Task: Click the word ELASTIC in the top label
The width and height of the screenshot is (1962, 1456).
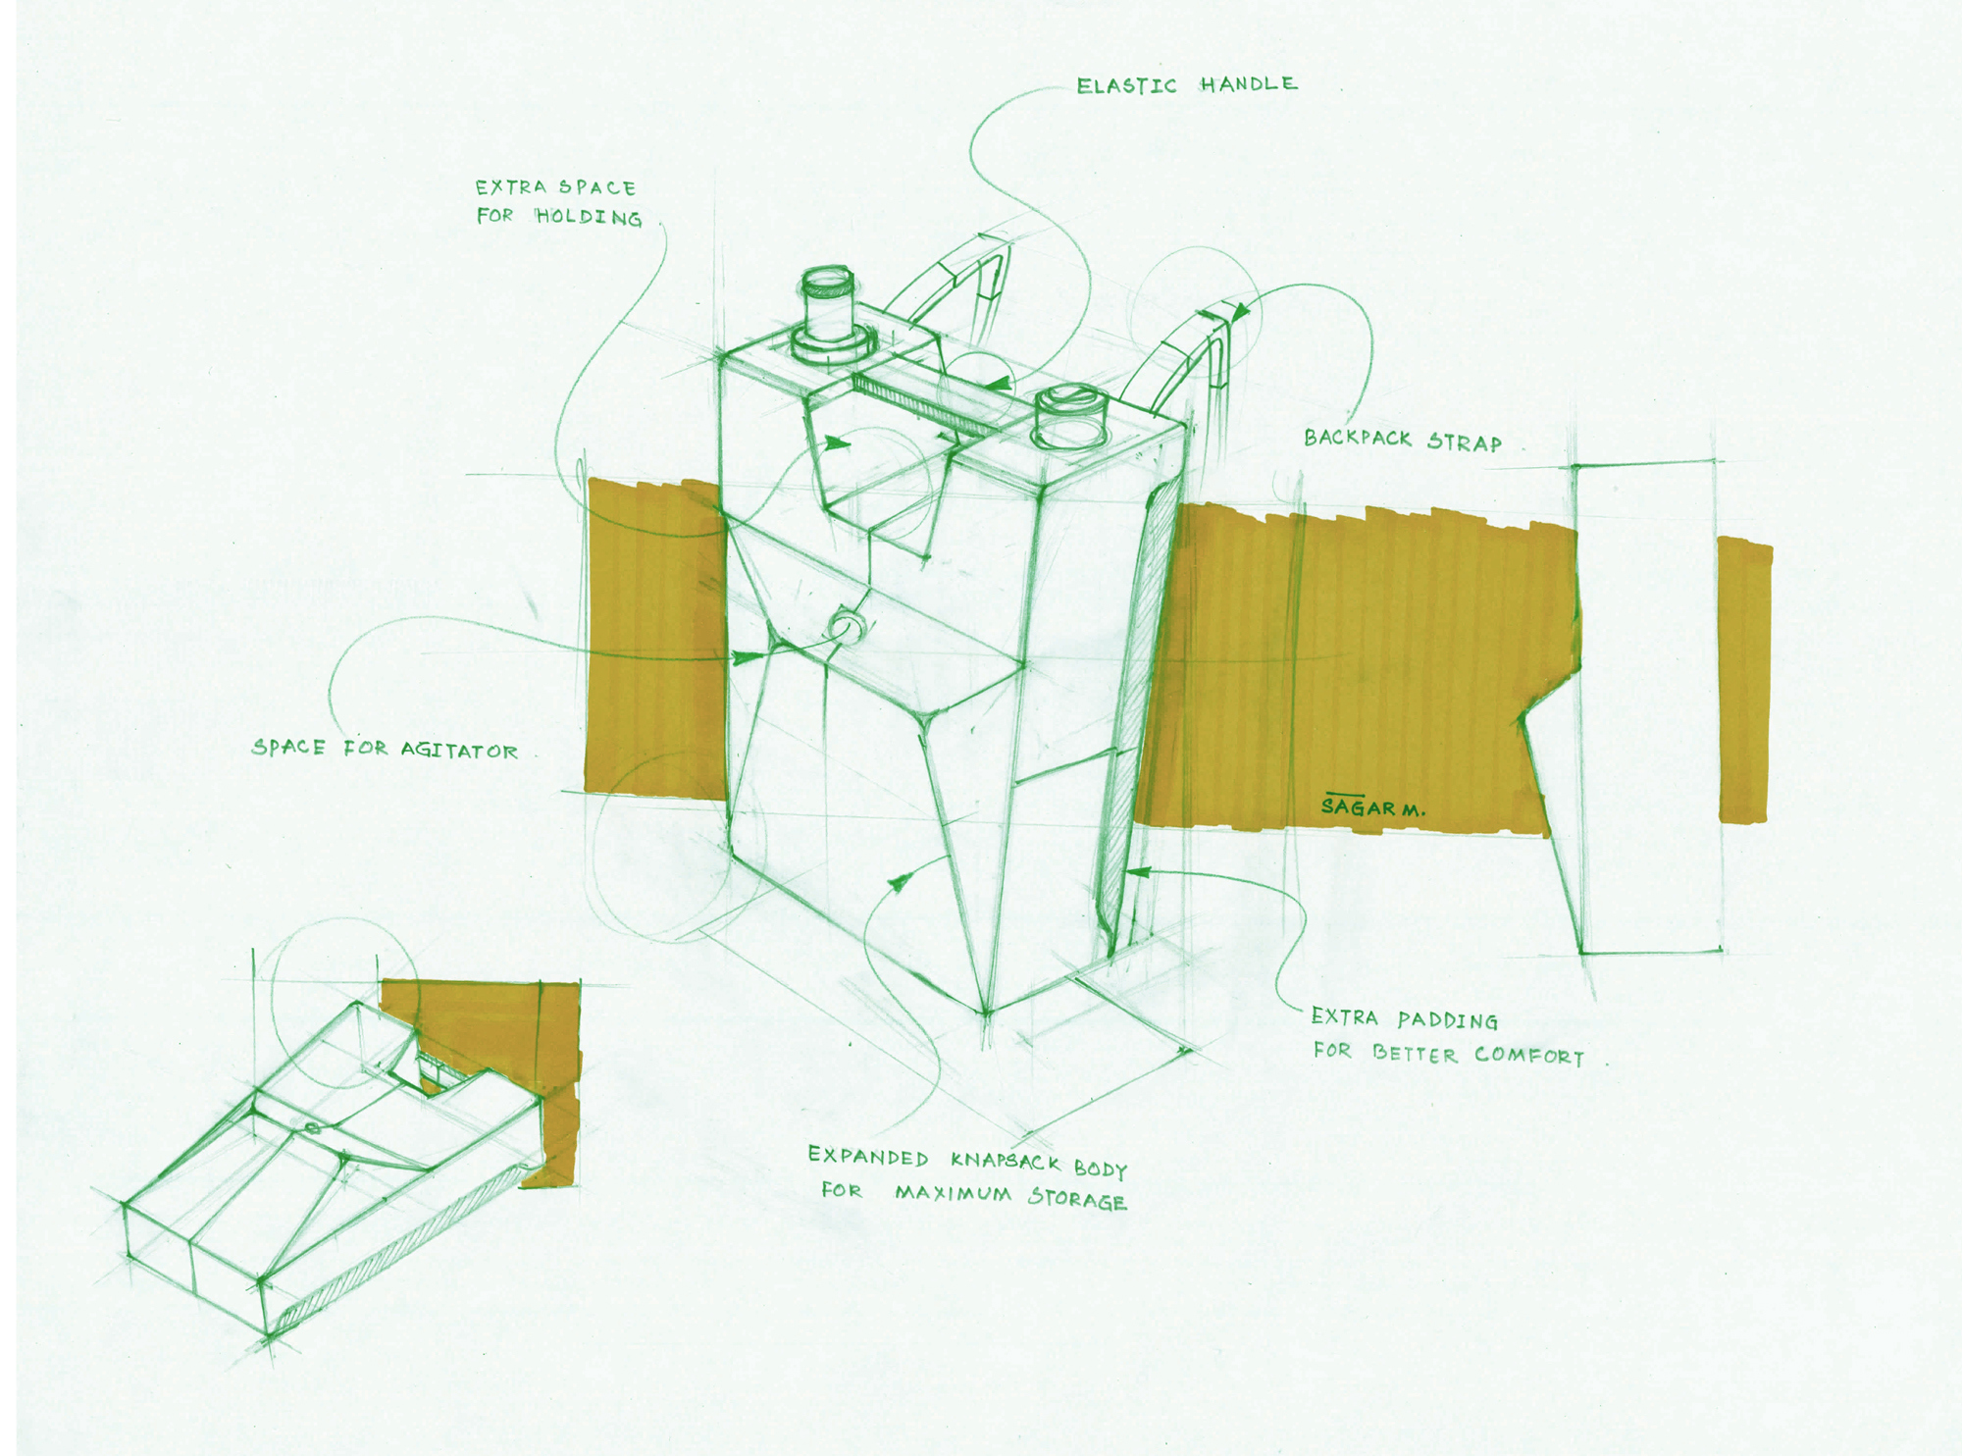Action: [1126, 86]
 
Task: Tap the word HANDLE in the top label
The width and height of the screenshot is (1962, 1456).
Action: [1248, 84]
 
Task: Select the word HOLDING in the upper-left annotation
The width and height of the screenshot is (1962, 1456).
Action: [589, 217]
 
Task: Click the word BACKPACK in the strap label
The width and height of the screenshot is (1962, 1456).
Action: [1357, 439]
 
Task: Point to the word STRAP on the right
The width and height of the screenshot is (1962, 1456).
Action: [1464, 442]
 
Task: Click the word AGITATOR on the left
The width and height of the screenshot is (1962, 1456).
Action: [458, 751]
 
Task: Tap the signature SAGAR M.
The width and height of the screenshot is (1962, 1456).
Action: [1371, 807]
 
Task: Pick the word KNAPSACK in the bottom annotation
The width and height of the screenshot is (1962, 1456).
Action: [1006, 1163]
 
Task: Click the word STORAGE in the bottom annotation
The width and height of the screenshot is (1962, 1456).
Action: [1077, 1199]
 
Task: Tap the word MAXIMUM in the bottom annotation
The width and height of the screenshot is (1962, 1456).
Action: [952, 1194]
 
